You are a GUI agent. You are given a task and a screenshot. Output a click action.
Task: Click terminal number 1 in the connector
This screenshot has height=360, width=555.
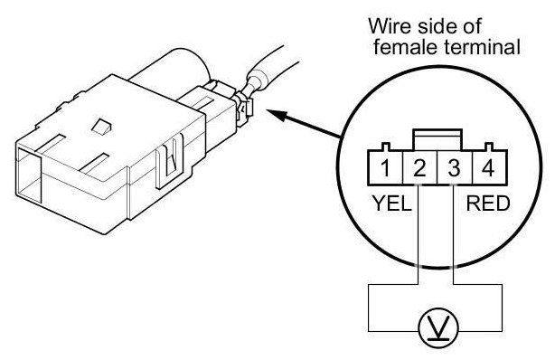pyautogui.click(x=385, y=168)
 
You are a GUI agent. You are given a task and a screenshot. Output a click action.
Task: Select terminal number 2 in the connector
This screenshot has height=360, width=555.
pyautogui.click(x=419, y=168)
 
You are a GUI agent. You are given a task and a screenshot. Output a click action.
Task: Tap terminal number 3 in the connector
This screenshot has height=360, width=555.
pyautogui.click(x=455, y=168)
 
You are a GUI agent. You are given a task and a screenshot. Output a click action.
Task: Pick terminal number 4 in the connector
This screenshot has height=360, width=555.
pyautogui.click(x=489, y=168)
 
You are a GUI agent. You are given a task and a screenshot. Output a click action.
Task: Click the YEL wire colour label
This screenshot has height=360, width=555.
pyautogui.click(x=391, y=204)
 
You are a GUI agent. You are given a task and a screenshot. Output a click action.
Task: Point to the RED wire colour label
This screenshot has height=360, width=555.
pyautogui.click(x=488, y=204)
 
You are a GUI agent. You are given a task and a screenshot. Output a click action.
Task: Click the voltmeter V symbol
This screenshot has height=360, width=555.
pyautogui.click(x=438, y=327)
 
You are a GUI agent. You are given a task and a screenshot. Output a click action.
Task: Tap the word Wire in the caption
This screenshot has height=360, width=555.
pyautogui.click(x=390, y=26)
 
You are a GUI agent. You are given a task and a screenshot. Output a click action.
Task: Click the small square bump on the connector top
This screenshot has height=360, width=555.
pyautogui.click(x=101, y=126)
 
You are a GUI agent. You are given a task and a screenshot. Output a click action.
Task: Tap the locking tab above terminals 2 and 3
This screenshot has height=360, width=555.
pyautogui.click(x=437, y=140)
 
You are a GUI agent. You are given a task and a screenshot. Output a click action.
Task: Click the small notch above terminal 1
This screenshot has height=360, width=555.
pyautogui.click(x=385, y=147)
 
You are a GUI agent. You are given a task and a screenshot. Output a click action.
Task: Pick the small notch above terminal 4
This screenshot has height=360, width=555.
pyautogui.click(x=489, y=147)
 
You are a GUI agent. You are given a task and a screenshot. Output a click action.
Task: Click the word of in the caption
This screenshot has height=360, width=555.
pyautogui.click(x=472, y=26)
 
